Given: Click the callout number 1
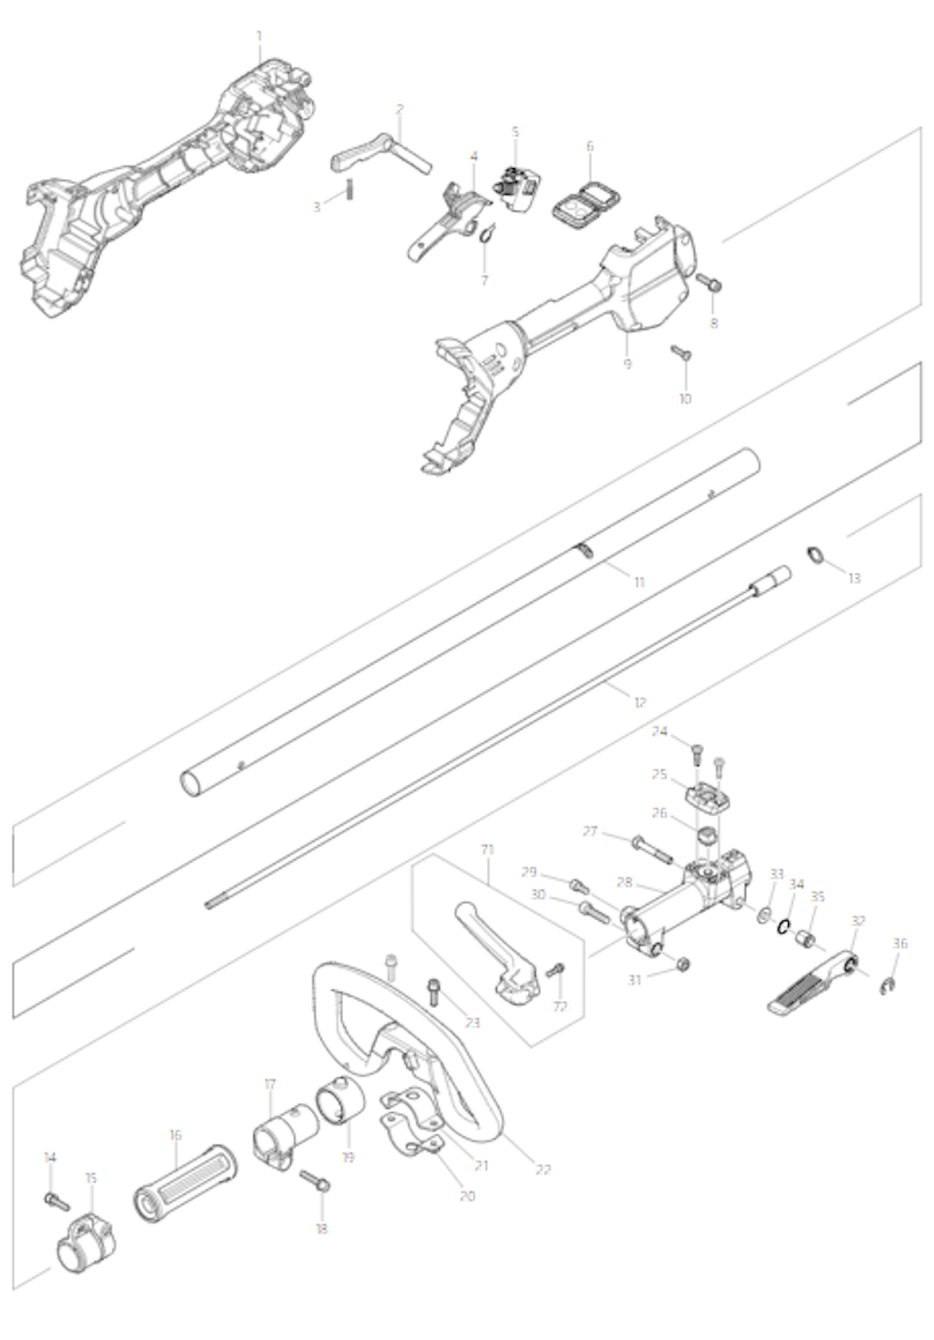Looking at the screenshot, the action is [x=259, y=36].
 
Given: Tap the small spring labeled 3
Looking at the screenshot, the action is [x=351, y=189].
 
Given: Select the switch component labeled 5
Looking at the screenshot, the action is [x=515, y=188].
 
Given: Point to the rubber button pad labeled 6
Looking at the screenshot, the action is [x=586, y=203].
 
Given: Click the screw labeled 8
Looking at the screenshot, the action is [x=709, y=283].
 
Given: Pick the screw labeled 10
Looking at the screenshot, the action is [x=681, y=353].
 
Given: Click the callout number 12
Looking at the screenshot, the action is [x=640, y=701].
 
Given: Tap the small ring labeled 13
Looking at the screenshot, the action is [x=815, y=554].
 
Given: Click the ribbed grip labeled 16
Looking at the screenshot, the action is [x=185, y=1183].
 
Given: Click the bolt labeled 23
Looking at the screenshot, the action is [x=433, y=992].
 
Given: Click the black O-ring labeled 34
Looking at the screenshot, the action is [x=784, y=926].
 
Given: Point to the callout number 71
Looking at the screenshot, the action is [x=487, y=849].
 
